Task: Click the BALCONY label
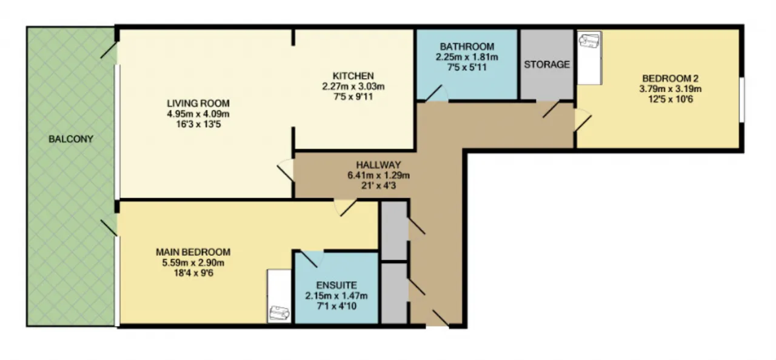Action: (71, 139)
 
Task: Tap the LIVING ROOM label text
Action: (198, 103)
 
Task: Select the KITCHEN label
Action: (353, 76)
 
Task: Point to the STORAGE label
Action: (547, 64)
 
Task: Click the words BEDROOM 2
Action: (671, 78)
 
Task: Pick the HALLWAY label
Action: (378, 165)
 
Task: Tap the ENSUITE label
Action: (336, 285)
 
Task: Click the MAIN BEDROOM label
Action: (193, 252)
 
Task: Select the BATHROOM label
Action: (467, 47)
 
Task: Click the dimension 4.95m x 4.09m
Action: (198, 113)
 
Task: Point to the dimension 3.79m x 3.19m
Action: (671, 89)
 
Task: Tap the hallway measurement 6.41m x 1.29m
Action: (378, 175)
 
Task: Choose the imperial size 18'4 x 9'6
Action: (193, 273)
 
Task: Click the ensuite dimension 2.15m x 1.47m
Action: (336, 296)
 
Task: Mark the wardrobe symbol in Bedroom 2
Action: (589, 58)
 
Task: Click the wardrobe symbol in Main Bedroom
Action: (279, 296)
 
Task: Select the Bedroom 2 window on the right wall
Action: (741, 99)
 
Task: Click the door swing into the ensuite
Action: (311, 259)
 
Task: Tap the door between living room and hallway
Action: (286, 170)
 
